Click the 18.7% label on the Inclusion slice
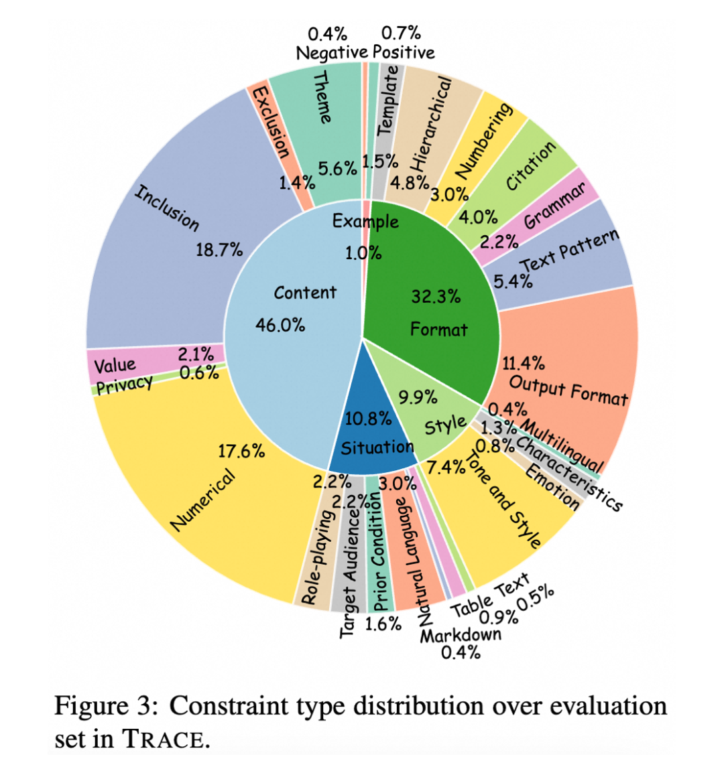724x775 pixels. pos(219,250)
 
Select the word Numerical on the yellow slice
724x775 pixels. pos(203,500)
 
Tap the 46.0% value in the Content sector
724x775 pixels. pos(280,325)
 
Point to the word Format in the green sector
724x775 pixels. pos(439,329)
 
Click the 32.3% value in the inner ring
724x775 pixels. pos(436,296)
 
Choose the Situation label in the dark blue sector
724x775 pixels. pos(377,447)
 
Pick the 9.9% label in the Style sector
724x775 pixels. pos(418,397)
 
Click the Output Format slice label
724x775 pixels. pos(568,391)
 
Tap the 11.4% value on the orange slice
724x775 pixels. pos(524,364)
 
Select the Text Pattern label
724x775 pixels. pos(569,251)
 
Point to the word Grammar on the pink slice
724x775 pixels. pos(555,207)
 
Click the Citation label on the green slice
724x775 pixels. pos(531,165)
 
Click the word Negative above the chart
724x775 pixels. pos(332,52)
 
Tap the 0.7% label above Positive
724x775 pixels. pos(401,33)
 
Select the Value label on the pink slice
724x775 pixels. pos(115,366)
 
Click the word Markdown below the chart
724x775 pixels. pos(461,634)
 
